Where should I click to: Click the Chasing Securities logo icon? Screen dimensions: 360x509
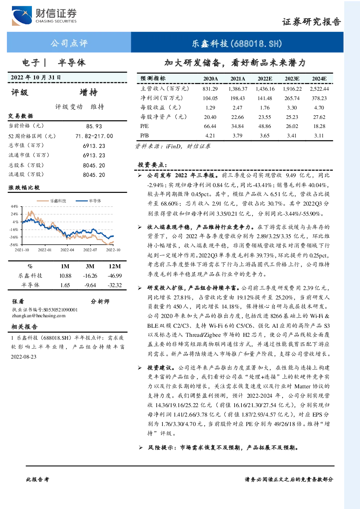pyautogui.click(x=22, y=16)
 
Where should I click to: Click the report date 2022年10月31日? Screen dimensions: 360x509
pyautogui.click(x=36, y=78)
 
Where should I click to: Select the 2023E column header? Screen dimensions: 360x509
pyautogui.click(x=292, y=79)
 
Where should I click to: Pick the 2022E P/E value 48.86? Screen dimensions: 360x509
pyautogui.click(x=265, y=126)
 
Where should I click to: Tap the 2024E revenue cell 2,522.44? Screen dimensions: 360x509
pyautogui.click(x=319, y=89)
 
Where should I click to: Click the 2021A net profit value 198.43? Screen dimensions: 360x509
pyautogui.click(x=237, y=98)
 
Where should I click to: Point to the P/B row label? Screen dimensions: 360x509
pyautogui.click(x=145, y=136)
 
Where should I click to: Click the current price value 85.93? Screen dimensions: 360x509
pyautogui.click(x=94, y=126)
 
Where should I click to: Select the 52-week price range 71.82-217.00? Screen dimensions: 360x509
pyautogui.click(x=94, y=136)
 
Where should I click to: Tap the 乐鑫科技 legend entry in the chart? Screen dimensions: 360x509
pyautogui.click(x=51, y=201)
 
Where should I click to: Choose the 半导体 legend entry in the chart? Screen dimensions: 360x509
pyautogui.click(x=88, y=201)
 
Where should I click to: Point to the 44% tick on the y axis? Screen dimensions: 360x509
pyautogui.click(x=14, y=206)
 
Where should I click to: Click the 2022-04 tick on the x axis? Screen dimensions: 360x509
pyautogui.click(x=67, y=250)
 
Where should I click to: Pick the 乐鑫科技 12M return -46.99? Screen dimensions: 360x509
pyautogui.click(x=115, y=276)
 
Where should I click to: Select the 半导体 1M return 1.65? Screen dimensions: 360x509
pyautogui.click(x=65, y=285)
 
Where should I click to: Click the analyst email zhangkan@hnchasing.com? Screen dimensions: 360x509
pyautogui.click(x=39, y=316)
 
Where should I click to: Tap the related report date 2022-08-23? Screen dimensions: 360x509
pyautogui.click(x=24, y=356)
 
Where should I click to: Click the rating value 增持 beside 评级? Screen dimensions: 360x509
pyautogui.click(x=88, y=92)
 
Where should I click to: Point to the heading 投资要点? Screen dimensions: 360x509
pyautogui.click(x=152, y=165)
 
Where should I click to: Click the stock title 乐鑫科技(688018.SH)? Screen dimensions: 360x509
pyautogui.click(x=237, y=44)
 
